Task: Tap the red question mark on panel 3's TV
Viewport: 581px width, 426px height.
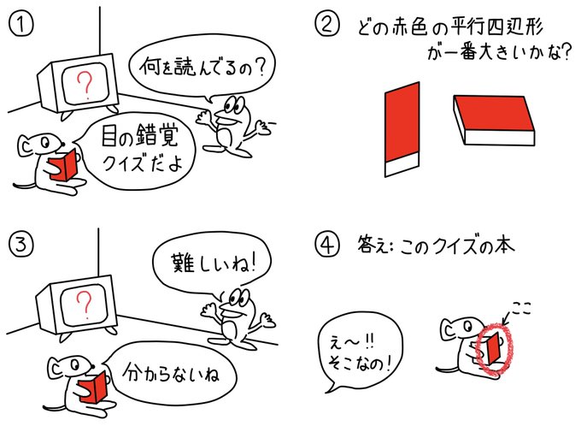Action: pyautogui.click(x=84, y=303)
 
